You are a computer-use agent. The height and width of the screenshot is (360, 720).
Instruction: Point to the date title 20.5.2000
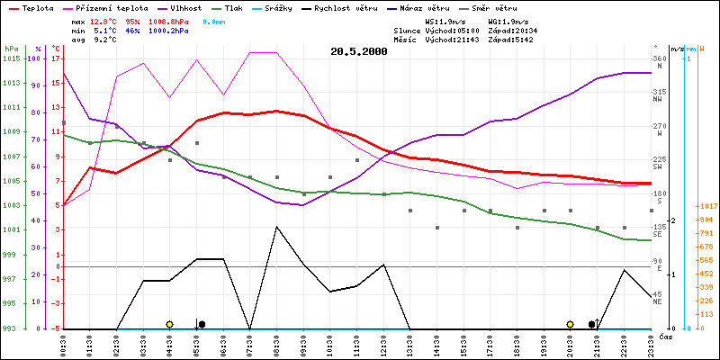click(x=359, y=51)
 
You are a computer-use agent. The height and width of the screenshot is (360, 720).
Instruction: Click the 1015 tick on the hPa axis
click(x=12, y=58)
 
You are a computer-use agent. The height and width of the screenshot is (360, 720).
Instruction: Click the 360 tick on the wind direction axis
click(x=661, y=58)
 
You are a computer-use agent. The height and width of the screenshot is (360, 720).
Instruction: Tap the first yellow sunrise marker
click(x=169, y=324)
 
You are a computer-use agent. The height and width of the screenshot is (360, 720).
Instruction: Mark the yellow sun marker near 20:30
click(x=570, y=324)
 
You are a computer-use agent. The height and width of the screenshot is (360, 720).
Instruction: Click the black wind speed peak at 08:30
click(x=276, y=227)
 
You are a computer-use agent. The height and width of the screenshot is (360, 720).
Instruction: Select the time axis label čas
click(x=665, y=337)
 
